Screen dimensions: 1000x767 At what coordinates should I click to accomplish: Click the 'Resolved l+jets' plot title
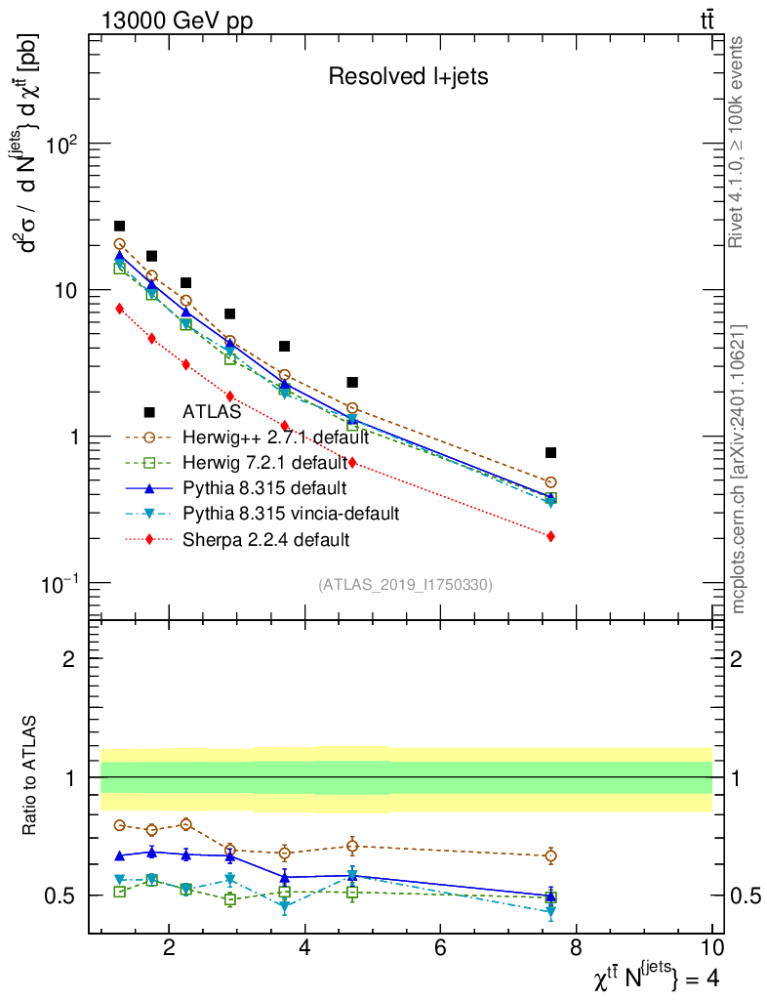(x=408, y=76)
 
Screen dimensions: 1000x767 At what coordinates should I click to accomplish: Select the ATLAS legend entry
(x=212, y=412)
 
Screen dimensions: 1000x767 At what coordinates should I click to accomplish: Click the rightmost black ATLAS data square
(x=551, y=452)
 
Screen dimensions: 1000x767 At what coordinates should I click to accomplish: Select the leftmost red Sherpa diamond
(x=120, y=309)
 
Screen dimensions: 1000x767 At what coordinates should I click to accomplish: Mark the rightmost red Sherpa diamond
(x=551, y=536)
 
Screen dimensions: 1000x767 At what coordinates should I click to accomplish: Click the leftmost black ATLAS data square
(x=120, y=226)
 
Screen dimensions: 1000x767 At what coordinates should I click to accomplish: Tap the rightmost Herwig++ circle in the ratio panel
(x=551, y=856)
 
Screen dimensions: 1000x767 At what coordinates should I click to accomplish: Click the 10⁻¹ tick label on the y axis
(x=61, y=584)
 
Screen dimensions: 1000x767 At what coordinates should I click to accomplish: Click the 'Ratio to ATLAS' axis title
(x=32, y=776)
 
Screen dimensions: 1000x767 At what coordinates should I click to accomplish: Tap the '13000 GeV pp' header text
(x=176, y=21)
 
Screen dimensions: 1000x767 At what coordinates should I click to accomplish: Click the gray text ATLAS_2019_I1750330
(x=405, y=585)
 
